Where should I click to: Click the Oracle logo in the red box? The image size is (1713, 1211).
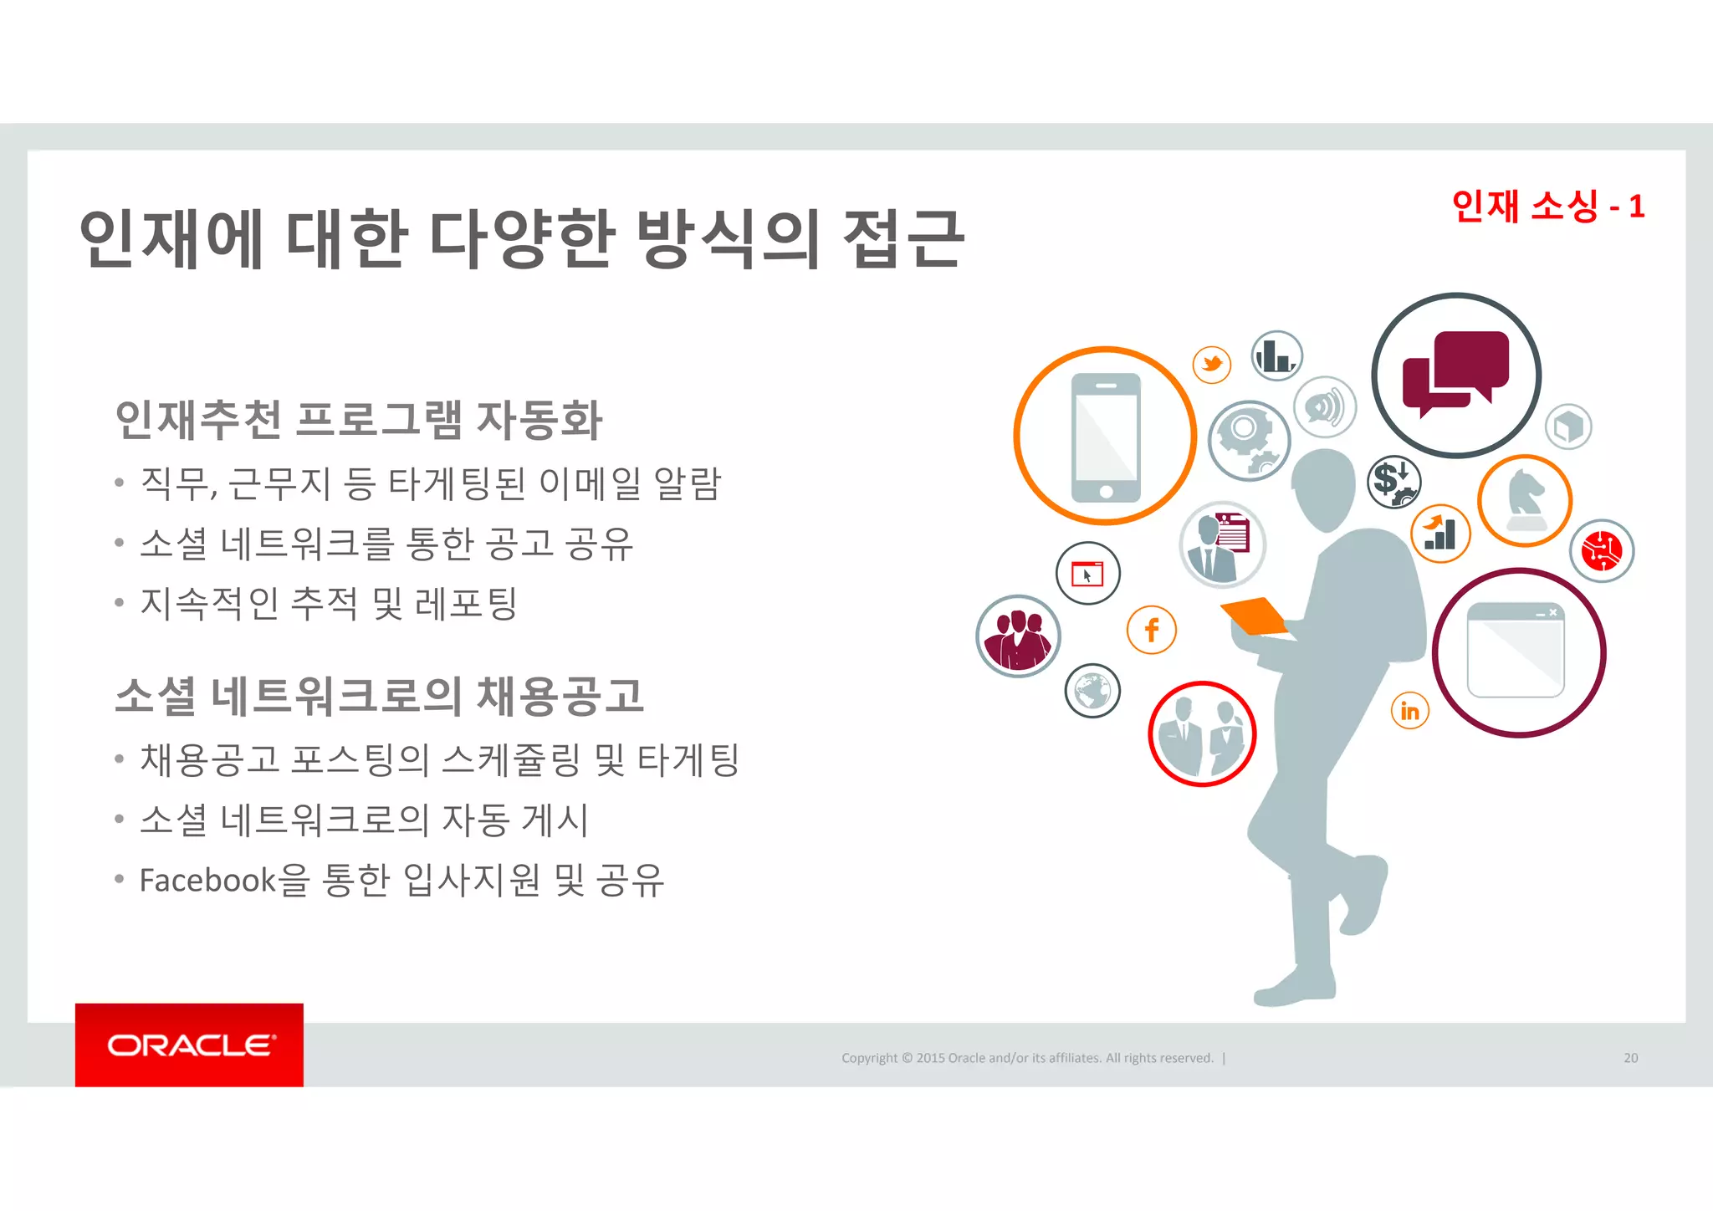click(x=189, y=1045)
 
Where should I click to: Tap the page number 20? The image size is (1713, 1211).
click(x=1630, y=1058)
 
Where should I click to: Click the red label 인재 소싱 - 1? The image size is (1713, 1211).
click(x=1548, y=206)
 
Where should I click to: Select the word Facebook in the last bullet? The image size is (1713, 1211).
click(x=207, y=881)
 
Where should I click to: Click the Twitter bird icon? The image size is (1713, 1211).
click(x=1212, y=365)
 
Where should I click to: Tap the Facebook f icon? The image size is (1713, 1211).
click(x=1152, y=630)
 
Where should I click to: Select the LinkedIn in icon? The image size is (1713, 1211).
click(x=1410, y=711)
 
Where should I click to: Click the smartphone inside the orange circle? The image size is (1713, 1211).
click(x=1106, y=437)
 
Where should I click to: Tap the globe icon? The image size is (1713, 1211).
click(x=1092, y=691)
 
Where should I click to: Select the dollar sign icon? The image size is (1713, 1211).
click(x=1393, y=482)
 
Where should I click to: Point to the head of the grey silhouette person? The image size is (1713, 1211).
click(x=1324, y=489)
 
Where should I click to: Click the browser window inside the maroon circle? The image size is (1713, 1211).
click(x=1516, y=651)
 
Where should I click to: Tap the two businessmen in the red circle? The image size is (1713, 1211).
click(x=1202, y=734)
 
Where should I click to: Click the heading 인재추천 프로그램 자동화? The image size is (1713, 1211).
click(x=358, y=420)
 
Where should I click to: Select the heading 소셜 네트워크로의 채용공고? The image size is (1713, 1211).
click(x=379, y=696)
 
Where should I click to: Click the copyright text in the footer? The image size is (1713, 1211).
click(x=1027, y=1058)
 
